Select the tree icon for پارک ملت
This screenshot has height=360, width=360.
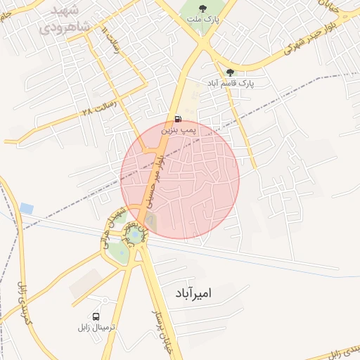[202, 9]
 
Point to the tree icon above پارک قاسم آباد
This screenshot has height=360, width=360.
[230, 72]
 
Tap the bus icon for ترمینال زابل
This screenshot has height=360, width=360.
[96, 316]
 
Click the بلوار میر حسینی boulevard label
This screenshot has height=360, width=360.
[155, 179]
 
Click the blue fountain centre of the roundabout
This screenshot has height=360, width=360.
[134, 236]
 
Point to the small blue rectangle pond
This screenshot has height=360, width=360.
[27, 208]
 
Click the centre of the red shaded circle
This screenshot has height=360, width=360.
[180, 180]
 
